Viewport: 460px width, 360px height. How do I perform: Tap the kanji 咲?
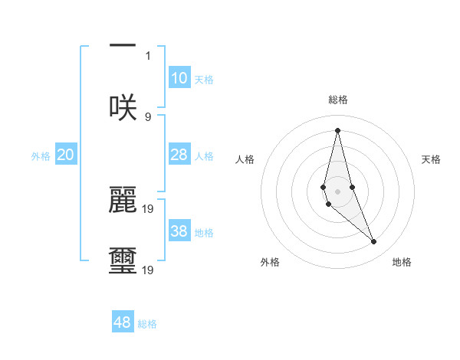[x=123, y=107]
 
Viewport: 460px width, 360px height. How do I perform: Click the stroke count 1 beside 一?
[x=148, y=55]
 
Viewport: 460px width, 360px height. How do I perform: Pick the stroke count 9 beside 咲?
[x=148, y=116]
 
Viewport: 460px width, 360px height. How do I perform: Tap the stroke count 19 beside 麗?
[x=149, y=208]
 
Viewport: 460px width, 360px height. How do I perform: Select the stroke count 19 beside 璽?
[x=149, y=270]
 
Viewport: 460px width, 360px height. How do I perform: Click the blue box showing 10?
[x=179, y=78]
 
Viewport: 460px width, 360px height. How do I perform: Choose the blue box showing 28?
[x=179, y=155]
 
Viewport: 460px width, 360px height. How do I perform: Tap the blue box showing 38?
[x=179, y=231]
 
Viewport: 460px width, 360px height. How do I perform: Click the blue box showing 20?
[x=66, y=155]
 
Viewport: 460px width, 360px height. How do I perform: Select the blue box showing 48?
[x=123, y=322]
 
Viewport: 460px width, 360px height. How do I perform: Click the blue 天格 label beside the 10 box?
[x=204, y=80]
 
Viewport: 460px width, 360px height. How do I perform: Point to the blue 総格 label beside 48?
[x=147, y=324]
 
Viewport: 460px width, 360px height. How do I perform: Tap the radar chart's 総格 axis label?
[x=338, y=100]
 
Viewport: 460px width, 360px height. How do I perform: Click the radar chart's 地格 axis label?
[x=402, y=262]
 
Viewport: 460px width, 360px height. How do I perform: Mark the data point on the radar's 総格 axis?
[x=337, y=130]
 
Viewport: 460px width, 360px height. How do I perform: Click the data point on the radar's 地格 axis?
[x=374, y=242]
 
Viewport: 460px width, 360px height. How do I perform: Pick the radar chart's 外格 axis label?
[x=270, y=262]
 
